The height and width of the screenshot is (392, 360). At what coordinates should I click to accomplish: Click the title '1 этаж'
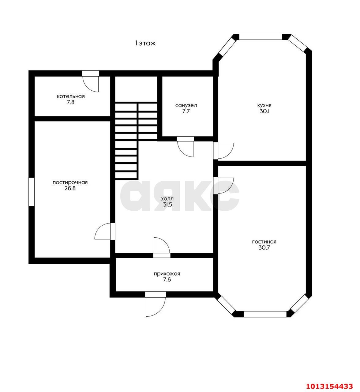[145, 43]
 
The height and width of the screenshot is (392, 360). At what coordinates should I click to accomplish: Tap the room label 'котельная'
[71, 96]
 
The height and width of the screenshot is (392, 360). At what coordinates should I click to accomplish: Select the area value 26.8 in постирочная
[70, 188]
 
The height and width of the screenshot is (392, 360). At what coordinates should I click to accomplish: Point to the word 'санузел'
[186, 106]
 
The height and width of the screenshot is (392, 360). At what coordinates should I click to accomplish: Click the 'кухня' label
[264, 106]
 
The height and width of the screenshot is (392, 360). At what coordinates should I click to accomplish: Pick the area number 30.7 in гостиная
[264, 248]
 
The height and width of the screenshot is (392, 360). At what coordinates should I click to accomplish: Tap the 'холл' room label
[167, 199]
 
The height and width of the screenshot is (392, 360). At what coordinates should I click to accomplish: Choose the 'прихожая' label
[167, 274]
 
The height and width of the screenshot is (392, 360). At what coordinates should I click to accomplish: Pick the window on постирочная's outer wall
[32, 192]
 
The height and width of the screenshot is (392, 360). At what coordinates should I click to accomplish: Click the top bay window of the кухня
[261, 37]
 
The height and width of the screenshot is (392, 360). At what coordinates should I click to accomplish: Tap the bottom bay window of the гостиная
[265, 314]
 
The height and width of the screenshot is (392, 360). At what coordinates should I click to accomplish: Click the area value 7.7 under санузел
[186, 111]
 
